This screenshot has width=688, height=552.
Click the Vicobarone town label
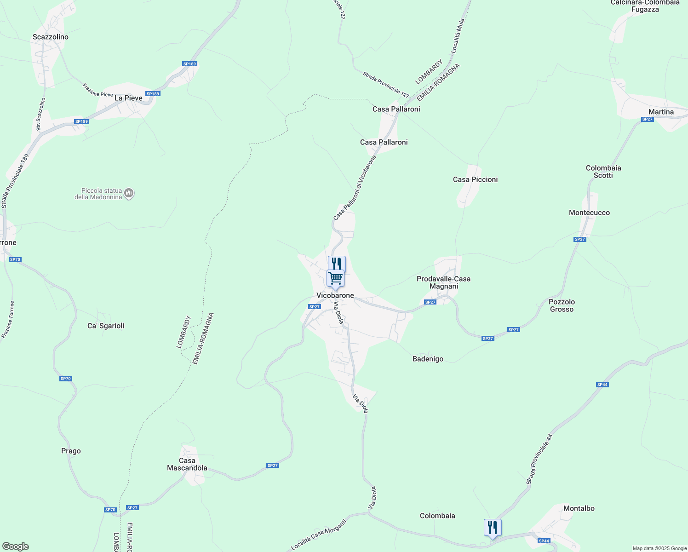coord(335,295)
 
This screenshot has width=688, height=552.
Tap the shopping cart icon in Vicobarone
coord(336,278)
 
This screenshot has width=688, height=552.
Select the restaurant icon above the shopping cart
coord(337,264)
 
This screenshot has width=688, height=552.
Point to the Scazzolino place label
coord(51,37)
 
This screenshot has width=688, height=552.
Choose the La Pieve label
coord(128,98)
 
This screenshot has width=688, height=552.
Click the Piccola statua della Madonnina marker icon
coord(129,194)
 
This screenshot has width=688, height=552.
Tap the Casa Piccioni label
coord(475,179)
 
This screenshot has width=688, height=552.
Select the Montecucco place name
coord(589,213)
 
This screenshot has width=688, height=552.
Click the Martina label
coord(661,112)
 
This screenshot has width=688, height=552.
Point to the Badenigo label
coord(428,359)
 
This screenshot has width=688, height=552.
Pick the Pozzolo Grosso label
coord(562,305)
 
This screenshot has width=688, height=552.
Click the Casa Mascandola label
coord(187,464)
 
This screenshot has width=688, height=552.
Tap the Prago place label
coord(71,451)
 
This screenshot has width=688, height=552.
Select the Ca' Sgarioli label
coord(106,326)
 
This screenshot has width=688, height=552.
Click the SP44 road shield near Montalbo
coord(544,541)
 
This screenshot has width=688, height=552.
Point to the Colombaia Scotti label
coord(603,172)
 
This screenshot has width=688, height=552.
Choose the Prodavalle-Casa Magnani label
coord(444,282)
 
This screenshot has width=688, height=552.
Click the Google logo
coord(16,546)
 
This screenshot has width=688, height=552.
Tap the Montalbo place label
coord(579,508)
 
